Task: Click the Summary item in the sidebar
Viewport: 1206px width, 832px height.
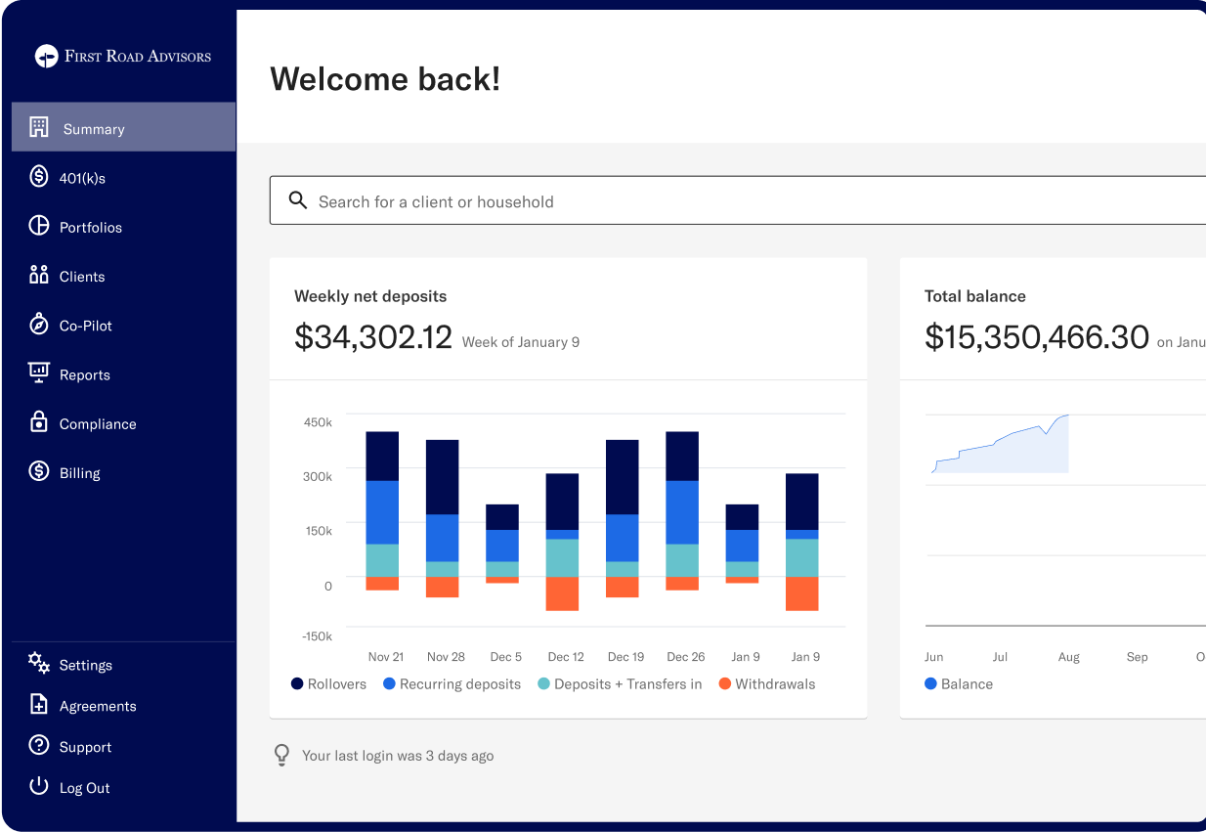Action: (x=94, y=128)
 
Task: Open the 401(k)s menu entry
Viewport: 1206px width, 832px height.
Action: (x=81, y=178)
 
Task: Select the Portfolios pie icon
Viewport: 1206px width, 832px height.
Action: (x=39, y=226)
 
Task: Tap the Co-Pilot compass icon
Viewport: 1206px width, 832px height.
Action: (x=39, y=325)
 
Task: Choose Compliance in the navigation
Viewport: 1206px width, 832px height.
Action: (x=97, y=423)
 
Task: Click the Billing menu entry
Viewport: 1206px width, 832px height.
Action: (x=79, y=473)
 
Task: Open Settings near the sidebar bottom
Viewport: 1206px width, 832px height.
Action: (x=85, y=665)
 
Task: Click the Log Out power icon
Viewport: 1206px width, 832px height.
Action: (x=39, y=786)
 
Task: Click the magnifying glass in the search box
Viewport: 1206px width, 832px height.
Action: (x=298, y=200)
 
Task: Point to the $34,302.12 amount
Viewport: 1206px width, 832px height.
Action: (x=373, y=337)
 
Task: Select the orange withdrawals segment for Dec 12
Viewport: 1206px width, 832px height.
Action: (x=562, y=593)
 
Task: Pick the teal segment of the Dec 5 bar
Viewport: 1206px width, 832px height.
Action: (x=502, y=569)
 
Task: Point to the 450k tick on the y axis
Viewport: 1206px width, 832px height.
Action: (x=319, y=422)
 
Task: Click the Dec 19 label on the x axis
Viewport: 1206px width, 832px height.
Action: (x=625, y=657)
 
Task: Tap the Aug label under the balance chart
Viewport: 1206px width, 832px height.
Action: (x=1068, y=657)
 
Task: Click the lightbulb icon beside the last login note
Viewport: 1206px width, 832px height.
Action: (x=281, y=755)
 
